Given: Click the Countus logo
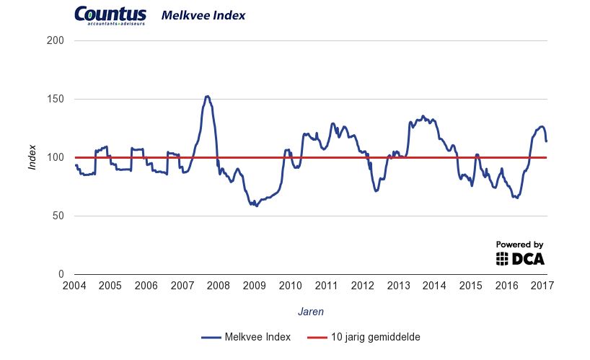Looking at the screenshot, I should click(110, 15).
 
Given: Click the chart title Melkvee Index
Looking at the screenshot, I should click(193, 15).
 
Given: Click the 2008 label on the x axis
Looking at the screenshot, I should click(219, 286).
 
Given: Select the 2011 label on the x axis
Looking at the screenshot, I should click(327, 286).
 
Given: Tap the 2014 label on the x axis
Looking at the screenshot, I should click(434, 286).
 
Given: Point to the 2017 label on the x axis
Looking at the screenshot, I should click(542, 286).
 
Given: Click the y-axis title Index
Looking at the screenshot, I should click(32, 157).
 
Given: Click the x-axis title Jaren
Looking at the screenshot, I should click(311, 312).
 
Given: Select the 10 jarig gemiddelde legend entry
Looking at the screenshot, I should click(364, 336).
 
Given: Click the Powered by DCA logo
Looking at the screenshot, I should click(520, 253).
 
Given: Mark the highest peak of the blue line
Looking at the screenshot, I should click(207, 96).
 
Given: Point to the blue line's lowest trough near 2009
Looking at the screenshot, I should click(256, 206).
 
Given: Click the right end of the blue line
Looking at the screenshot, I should click(546, 141).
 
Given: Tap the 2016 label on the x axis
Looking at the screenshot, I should click(506, 286).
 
